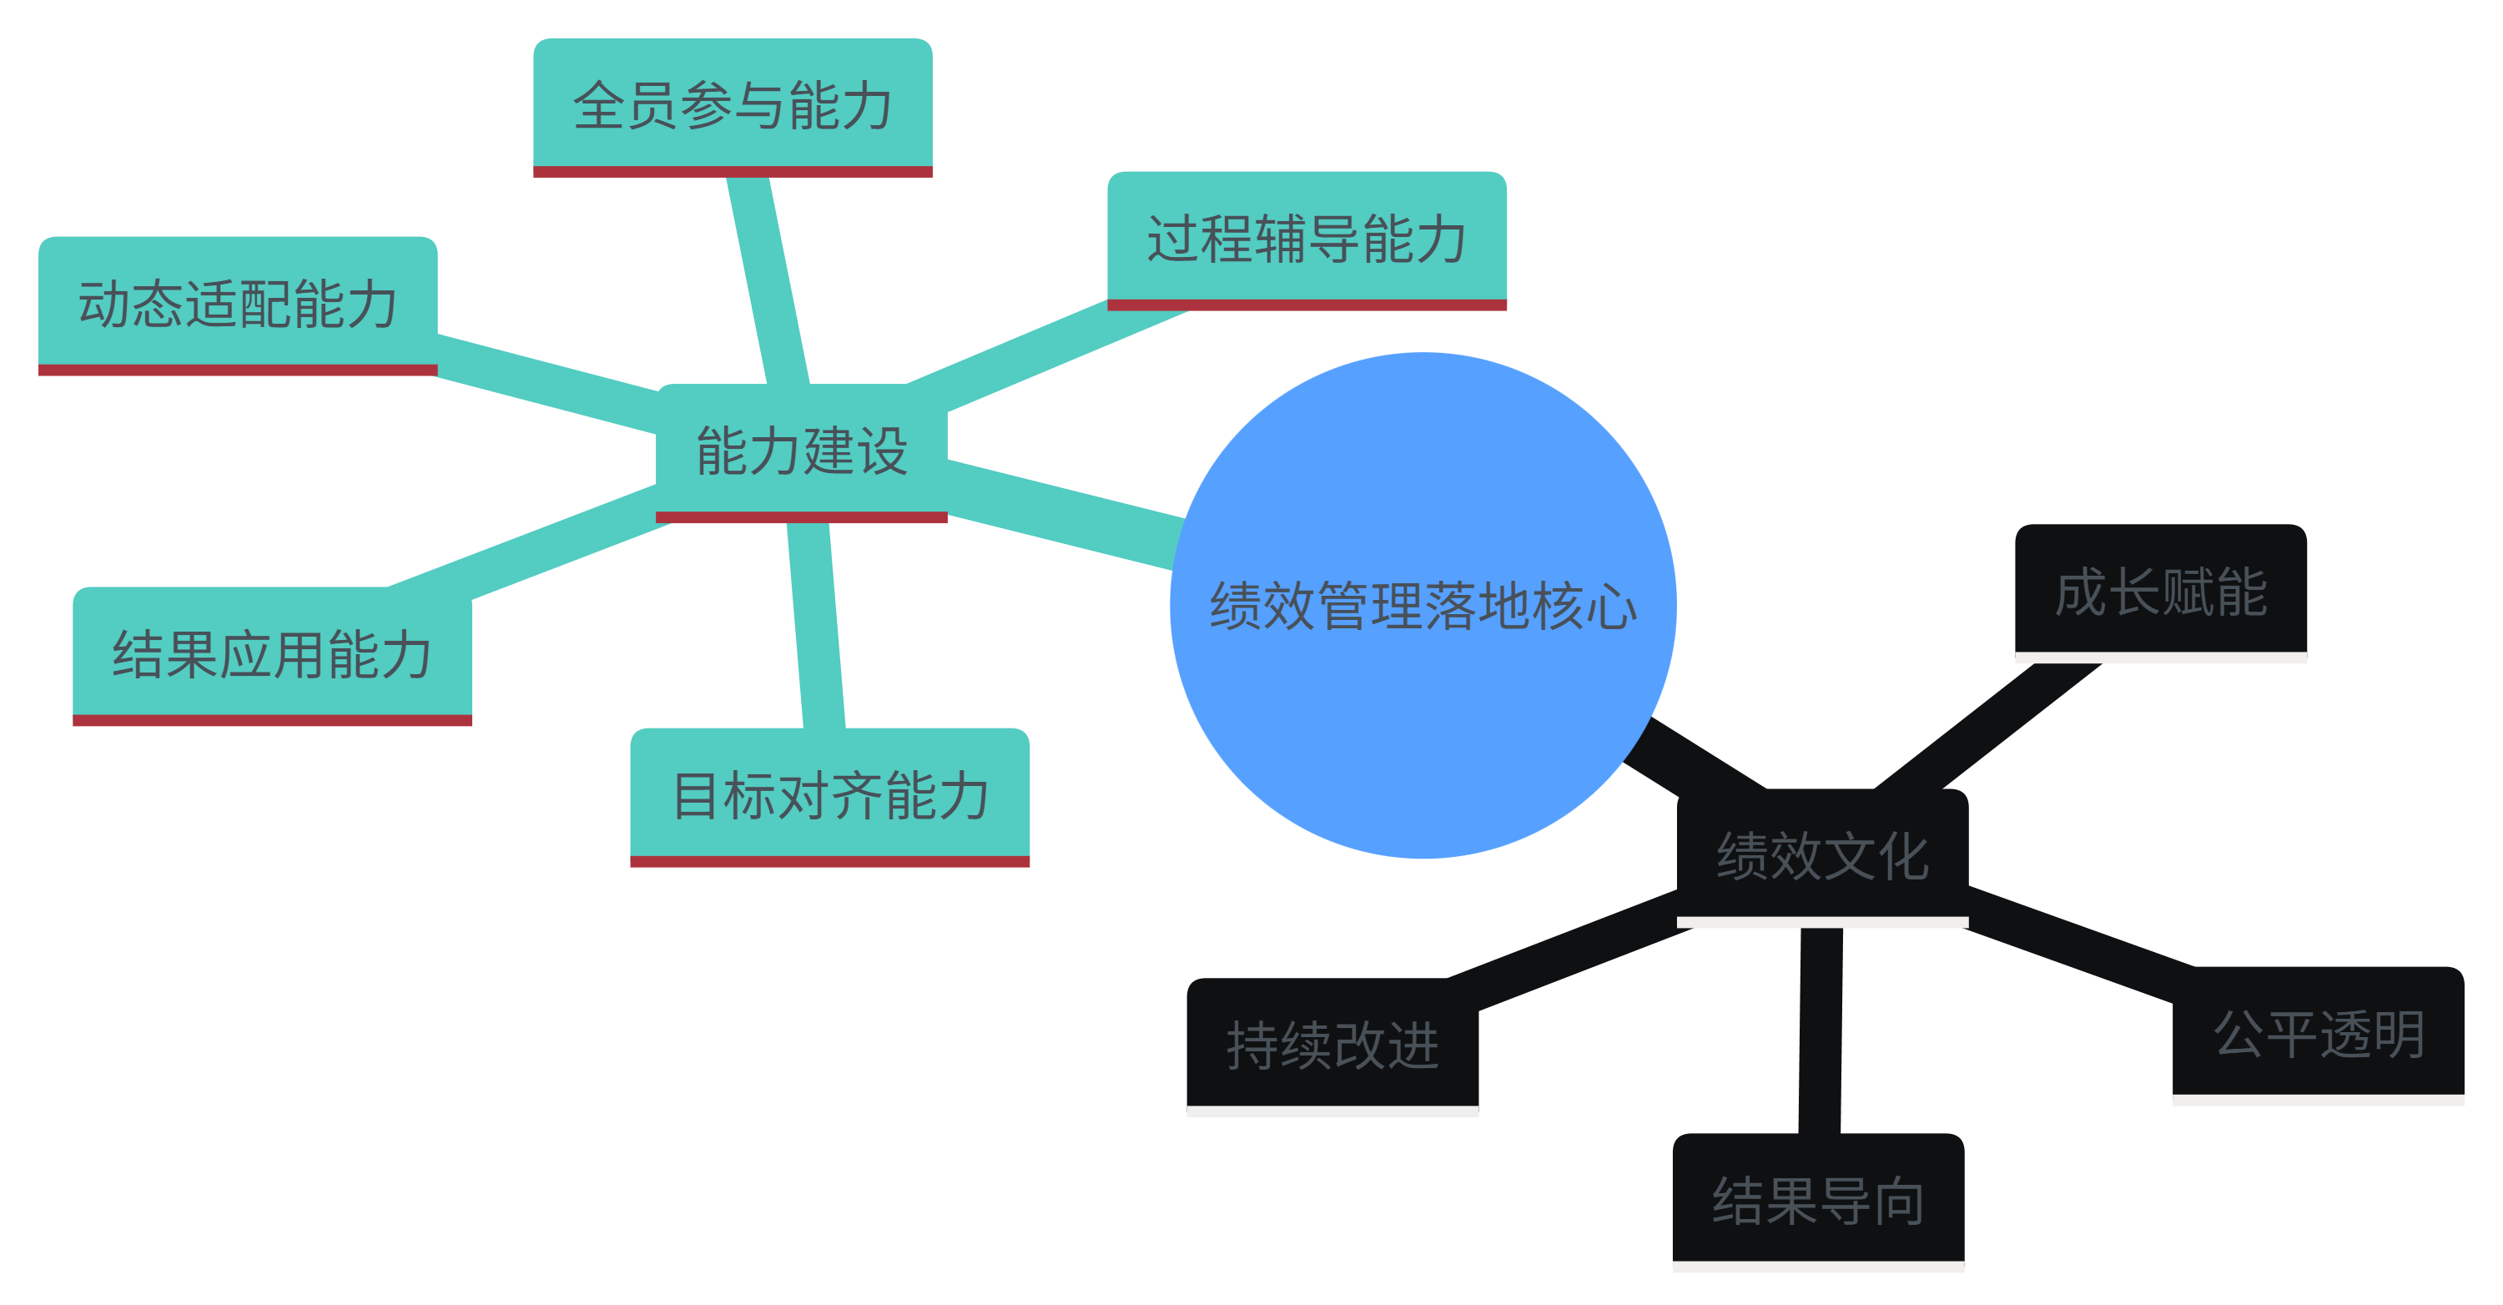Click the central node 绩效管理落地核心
[1423, 606]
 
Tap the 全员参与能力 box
[733, 105]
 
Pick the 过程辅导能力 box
[1307, 238]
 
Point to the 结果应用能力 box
[272, 653]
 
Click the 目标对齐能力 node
[830, 795]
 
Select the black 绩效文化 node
[1822, 855]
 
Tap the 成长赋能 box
[2161, 592]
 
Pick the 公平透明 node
[2319, 1034]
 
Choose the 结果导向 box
[1818, 1201]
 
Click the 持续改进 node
[1332, 1046]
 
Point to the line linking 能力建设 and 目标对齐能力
[816, 626]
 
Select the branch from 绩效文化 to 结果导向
[1821, 1030]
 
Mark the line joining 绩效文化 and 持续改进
[1574, 952]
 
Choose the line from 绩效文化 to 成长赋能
[1987, 726]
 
